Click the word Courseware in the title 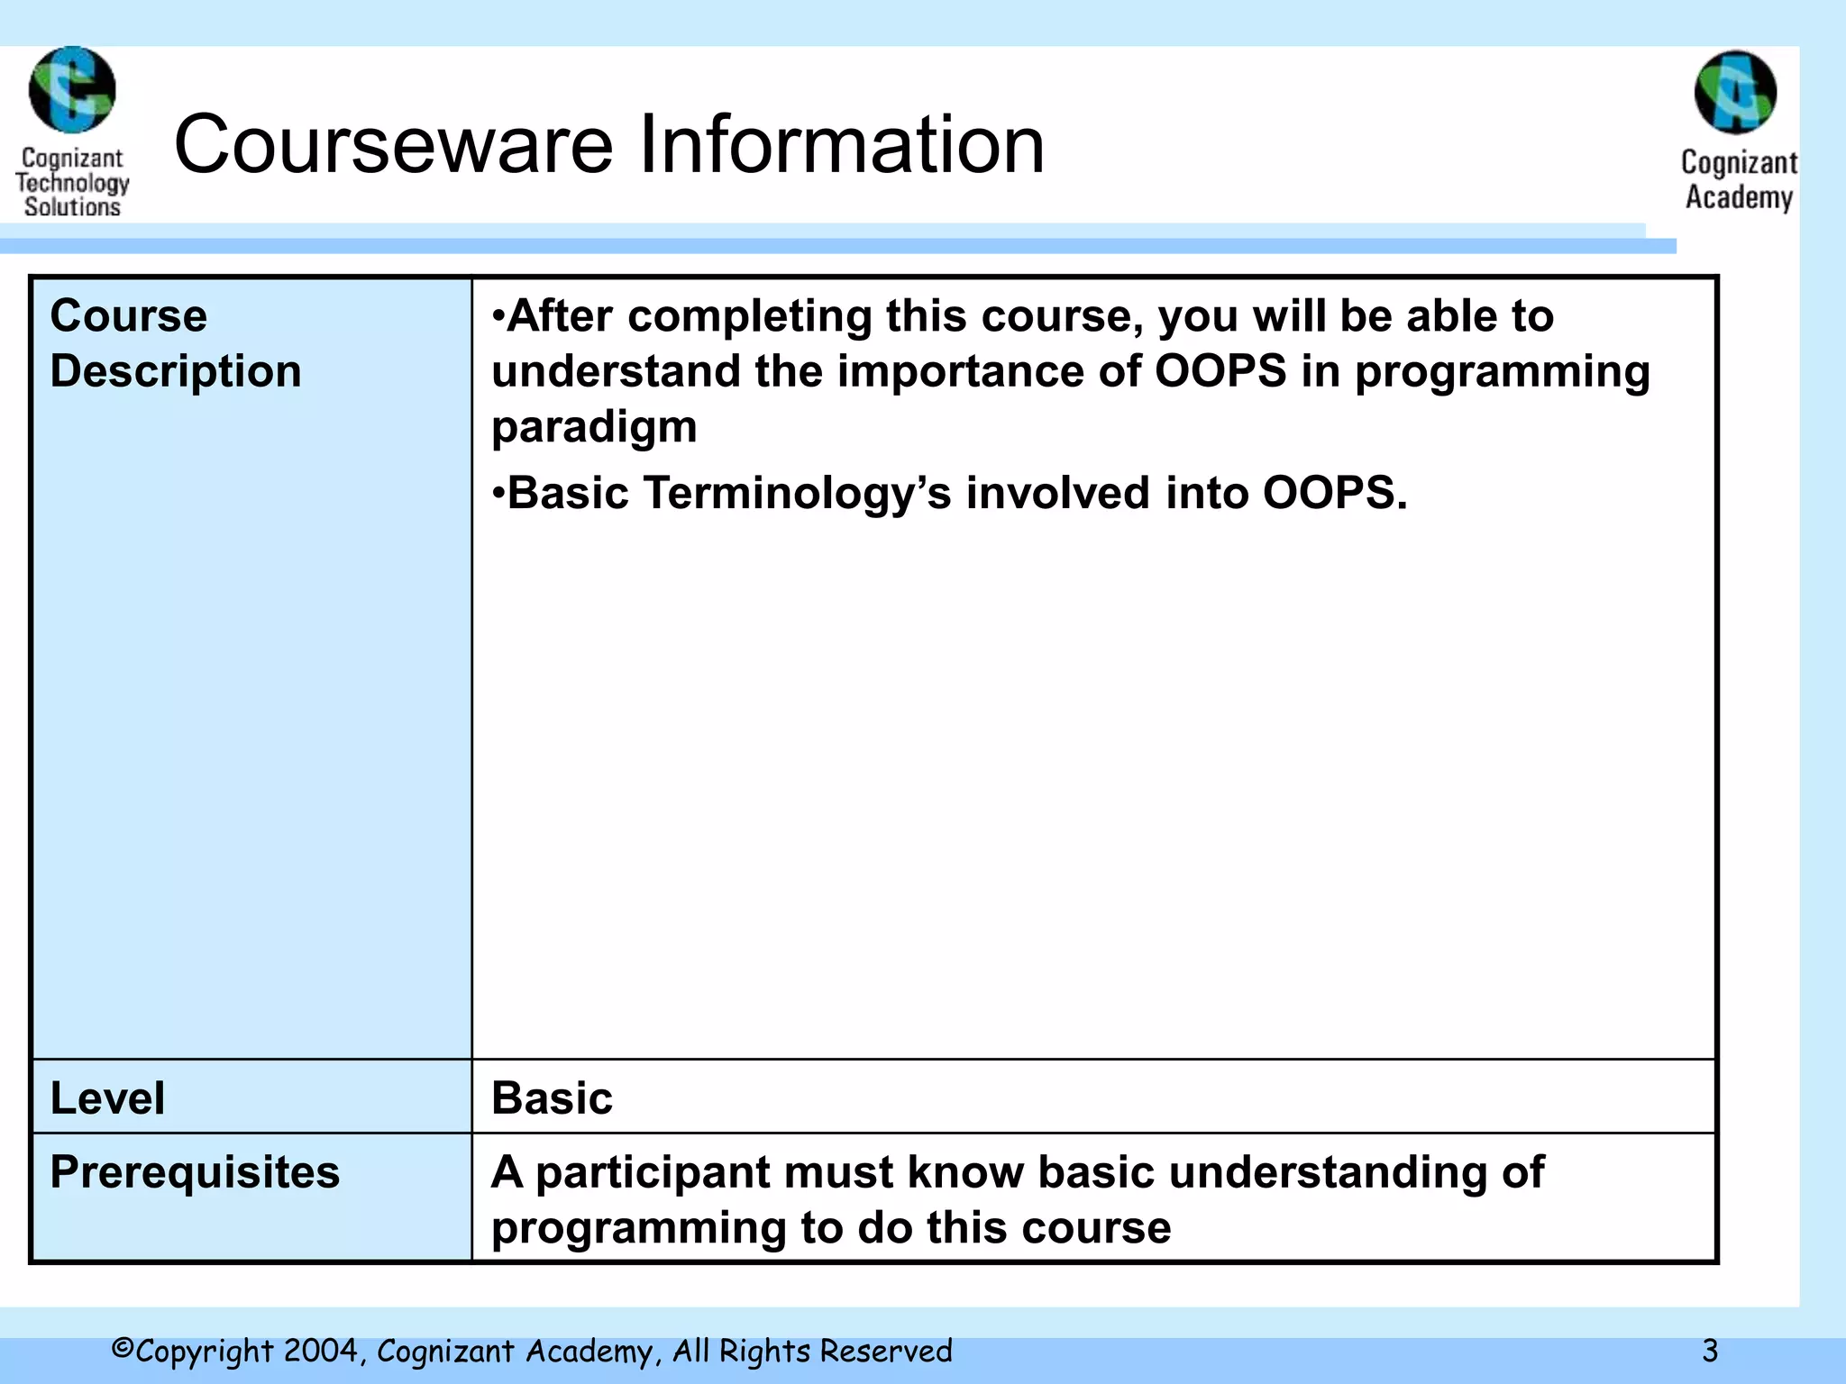coord(393,145)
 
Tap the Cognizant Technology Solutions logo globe coord(72,90)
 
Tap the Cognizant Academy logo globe coord(1735,92)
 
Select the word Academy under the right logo coord(1739,197)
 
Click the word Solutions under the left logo coord(72,207)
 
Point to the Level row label coord(107,1098)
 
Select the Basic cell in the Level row coord(552,1098)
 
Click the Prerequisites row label coord(195,1172)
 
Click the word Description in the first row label coord(176,371)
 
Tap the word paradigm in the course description coord(594,426)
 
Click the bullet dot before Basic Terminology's coord(498,494)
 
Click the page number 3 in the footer coord(1710,1352)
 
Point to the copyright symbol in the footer coord(123,1349)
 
